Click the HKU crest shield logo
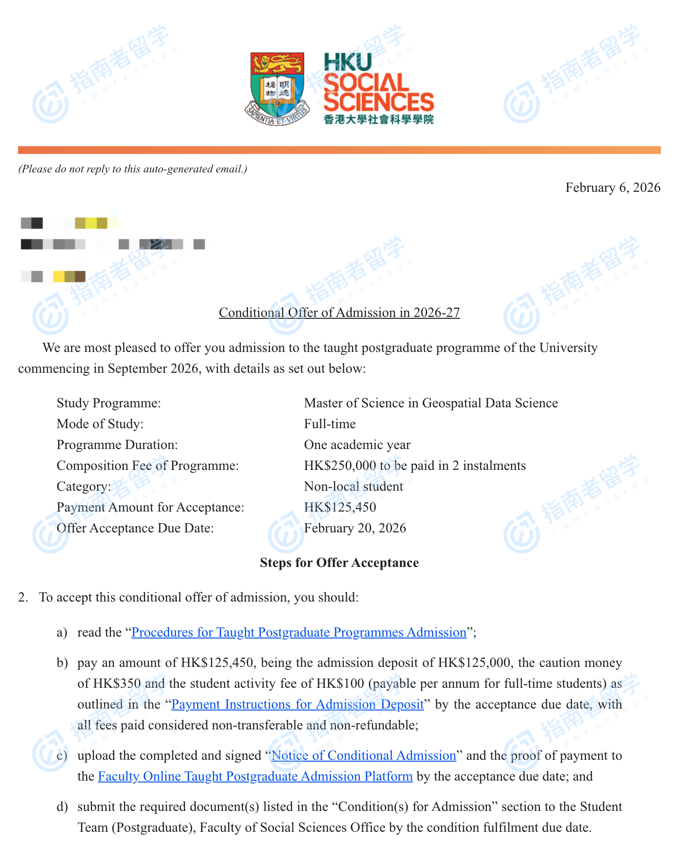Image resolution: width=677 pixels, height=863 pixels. pos(277,88)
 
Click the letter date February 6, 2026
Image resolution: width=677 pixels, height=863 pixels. pos(613,188)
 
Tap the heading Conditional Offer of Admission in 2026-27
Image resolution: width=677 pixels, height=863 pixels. pos(339,313)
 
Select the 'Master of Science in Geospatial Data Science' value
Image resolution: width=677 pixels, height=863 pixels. pos(430,403)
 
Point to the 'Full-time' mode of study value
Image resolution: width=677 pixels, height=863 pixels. pos(329,424)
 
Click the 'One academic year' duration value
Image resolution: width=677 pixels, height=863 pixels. pos(357,445)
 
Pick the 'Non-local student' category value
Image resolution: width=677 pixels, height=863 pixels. pos(353,486)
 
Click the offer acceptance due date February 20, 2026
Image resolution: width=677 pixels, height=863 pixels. pos(355,528)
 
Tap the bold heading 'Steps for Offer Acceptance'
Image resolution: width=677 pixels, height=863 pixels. pos(339,563)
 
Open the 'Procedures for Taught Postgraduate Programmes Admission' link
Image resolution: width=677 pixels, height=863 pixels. pos(299,632)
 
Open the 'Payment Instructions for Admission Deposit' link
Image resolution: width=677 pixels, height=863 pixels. pos(297,704)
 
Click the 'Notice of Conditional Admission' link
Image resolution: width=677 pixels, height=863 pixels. pos(364,755)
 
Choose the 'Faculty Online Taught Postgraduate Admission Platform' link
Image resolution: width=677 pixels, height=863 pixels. pos(255,776)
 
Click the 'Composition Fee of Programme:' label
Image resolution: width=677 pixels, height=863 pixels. pos(147,466)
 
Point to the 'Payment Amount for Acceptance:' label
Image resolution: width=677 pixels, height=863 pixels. pos(150,507)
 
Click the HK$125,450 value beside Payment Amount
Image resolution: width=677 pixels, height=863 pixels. pos(340,507)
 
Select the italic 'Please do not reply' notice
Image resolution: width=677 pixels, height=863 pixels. pos(132,169)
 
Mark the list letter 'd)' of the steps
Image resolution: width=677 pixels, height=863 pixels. pos(62,807)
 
